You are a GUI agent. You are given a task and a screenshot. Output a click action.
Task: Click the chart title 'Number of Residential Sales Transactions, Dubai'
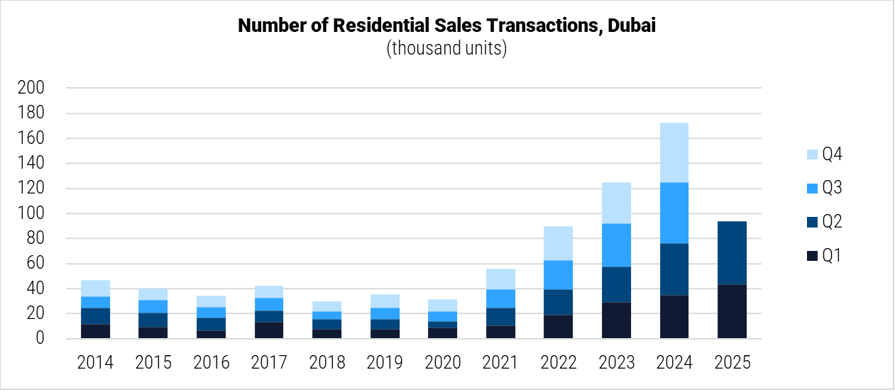coord(446,26)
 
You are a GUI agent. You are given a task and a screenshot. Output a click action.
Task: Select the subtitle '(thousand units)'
coord(446,49)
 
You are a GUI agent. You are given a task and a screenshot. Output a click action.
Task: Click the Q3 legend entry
coord(823,189)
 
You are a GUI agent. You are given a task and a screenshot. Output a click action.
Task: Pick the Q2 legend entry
coord(823,223)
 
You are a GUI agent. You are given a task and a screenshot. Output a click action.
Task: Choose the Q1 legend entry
coord(823,256)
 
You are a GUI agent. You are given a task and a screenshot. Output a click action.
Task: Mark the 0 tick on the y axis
coord(40,340)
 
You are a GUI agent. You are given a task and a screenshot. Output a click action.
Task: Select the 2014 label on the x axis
coord(95,363)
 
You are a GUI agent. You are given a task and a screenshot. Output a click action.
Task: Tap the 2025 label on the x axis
coord(732,363)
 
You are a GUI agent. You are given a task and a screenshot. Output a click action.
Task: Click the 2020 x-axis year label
coord(442,363)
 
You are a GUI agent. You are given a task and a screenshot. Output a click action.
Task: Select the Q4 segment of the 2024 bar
coord(674,152)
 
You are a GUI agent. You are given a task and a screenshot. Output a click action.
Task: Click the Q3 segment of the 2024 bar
coord(674,213)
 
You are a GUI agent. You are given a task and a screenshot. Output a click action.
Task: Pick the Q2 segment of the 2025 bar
coord(732,253)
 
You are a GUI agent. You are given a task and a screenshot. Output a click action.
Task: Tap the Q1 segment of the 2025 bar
coord(732,312)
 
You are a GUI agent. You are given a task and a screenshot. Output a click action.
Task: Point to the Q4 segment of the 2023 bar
coord(616,203)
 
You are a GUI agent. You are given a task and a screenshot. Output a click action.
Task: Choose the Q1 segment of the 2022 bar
coord(558,327)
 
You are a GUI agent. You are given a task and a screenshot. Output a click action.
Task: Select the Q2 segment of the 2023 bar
coord(616,284)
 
